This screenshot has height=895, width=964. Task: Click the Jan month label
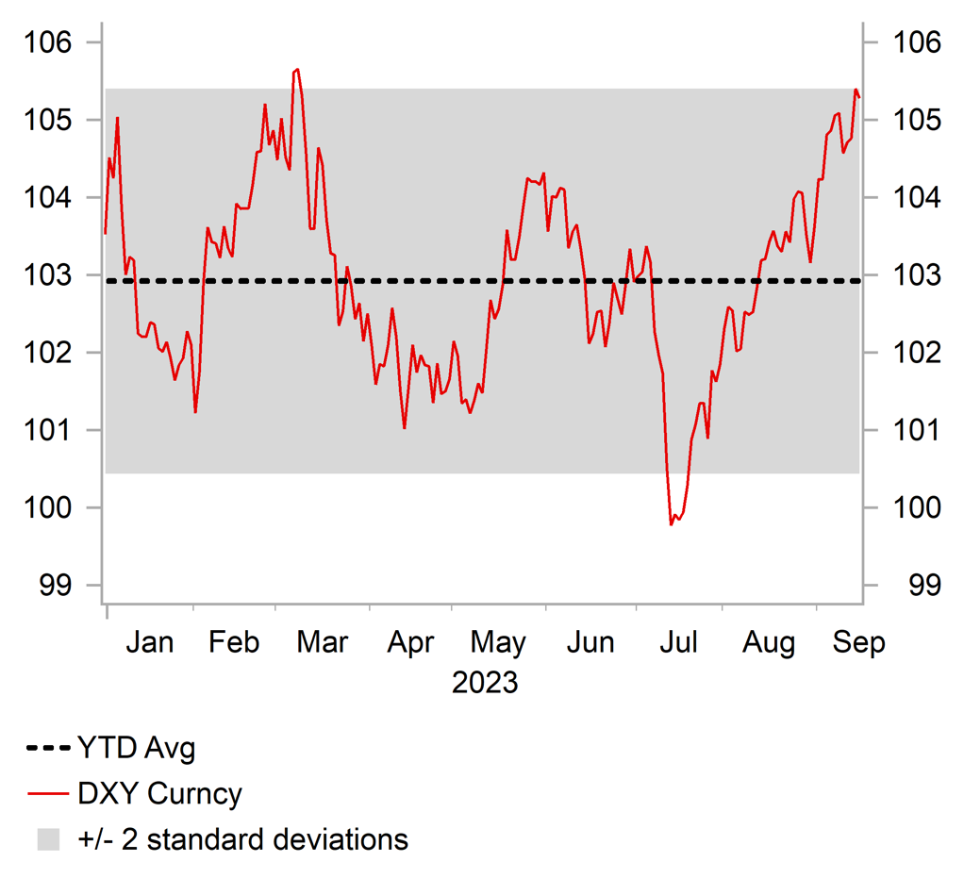point(149,643)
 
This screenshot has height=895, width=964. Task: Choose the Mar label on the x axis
point(322,643)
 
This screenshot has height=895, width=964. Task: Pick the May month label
point(498,643)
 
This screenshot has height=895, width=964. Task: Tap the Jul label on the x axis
point(678,643)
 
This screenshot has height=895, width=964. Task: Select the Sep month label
point(859,643)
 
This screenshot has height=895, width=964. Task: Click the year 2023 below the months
point(485,682)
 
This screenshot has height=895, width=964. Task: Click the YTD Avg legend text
point(136,750)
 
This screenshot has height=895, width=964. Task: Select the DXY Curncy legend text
point(159,794)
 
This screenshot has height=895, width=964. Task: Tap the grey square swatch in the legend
point(48,839)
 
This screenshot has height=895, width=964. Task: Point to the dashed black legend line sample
point(48,750)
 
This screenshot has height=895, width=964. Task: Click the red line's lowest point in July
point(671,524)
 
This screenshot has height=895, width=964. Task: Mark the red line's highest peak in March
point(297,69)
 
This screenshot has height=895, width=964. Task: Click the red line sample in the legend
point(48,794)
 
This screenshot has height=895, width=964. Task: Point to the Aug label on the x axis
point(768,643)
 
